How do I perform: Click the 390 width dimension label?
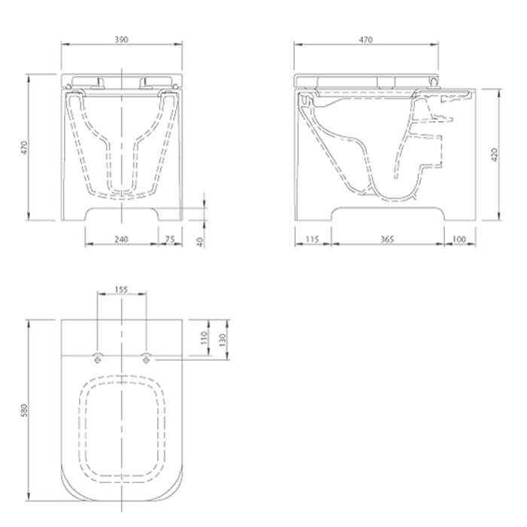pos(121,39)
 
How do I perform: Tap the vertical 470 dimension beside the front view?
pos(24,148)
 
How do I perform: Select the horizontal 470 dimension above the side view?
pos(366,40)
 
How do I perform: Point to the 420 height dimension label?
pos(495,154)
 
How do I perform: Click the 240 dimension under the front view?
pos(121,239)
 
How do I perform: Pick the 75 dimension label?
pos(170,239)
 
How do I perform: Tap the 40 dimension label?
pos(200,242)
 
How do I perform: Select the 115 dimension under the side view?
pos(312,239)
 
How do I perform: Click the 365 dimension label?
pos(387,239)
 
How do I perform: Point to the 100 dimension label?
pos(459,239)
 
